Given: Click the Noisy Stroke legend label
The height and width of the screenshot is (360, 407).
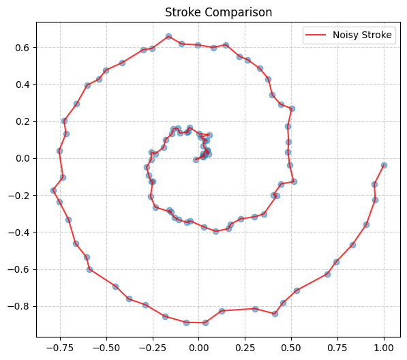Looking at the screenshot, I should coord(365,36).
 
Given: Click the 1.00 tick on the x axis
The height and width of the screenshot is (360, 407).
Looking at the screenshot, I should coord(384,347).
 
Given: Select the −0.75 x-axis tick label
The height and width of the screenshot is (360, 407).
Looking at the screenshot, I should coord(59,347).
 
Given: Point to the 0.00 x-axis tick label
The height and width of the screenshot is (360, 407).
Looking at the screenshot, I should coord(198,347).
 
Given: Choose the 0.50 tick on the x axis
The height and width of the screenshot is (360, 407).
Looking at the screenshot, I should coord(291,347).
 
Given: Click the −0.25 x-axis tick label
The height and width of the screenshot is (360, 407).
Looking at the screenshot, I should coord(152,347).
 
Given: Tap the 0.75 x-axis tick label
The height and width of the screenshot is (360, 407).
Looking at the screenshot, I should coord(337,347).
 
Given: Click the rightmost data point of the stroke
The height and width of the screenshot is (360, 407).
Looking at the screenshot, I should coord(384,165).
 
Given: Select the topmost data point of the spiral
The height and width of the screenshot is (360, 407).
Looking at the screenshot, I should coord(168,36).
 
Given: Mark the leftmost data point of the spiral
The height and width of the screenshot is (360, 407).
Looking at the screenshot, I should coord(53,190).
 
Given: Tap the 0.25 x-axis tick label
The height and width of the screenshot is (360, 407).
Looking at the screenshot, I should coord(245,347).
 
